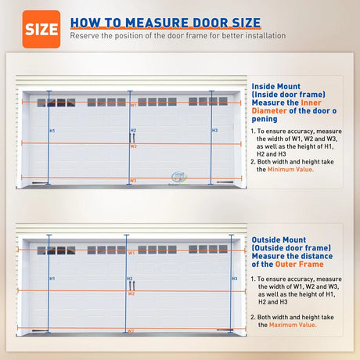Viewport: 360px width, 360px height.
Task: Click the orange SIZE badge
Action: point(41,29)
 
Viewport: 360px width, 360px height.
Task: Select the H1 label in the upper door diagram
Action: point(52,131)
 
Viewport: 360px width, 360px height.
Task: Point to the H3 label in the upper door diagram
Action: point(214,131)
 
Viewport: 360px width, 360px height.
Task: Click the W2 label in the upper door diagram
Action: point(133,146)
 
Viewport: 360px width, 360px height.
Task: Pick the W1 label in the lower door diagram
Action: point(131,253)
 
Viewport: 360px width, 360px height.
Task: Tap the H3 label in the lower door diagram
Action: point(235,279)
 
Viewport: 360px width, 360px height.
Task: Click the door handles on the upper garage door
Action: point(132,138)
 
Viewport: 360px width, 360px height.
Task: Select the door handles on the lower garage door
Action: point(132,286)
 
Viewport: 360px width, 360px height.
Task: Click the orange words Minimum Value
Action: point(290,169)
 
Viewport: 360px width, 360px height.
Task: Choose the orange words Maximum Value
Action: point(293,325)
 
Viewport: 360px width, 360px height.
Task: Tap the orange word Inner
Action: point(311,103)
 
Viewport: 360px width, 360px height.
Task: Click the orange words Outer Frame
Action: point(300,265)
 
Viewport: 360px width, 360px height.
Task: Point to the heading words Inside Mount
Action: point(276,86)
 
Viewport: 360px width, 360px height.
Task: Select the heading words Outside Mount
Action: point(279,239)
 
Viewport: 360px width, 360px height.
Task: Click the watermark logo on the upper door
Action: point(178,178)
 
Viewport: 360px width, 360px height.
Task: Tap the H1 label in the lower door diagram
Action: point(52,279)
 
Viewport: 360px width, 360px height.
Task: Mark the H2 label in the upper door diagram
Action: point(133,131)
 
